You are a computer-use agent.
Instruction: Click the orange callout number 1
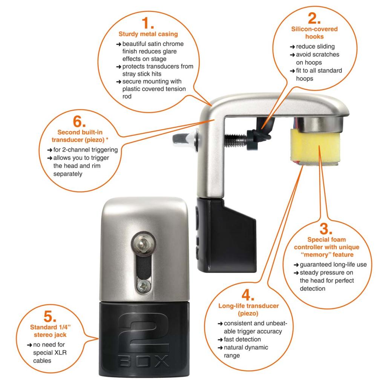(x=148, y=23)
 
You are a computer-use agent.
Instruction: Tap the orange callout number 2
(x=314, y=18)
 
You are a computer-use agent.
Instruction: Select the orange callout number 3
(x=326, y=228)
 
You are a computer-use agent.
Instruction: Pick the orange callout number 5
(x=50, y=316)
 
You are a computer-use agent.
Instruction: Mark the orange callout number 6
(x=79, y=121)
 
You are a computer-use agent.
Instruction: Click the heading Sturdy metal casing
(x=148, y=34)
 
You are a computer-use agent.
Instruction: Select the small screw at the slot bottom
(x=144, y=286)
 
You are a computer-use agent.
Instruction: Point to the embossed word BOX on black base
(x=144, y=361)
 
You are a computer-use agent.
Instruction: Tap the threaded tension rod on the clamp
(x=236, y=140)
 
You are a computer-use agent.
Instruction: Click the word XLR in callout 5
(x=60, y=352)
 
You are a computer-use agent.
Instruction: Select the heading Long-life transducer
(x=248, y=306)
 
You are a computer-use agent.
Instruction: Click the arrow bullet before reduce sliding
(x=292, y=47)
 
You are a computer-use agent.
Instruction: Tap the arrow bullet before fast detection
(x=220, y=340)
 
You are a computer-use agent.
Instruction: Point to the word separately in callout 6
(x=68, y=174)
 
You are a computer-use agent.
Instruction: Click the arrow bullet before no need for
(x=29, y=345)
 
